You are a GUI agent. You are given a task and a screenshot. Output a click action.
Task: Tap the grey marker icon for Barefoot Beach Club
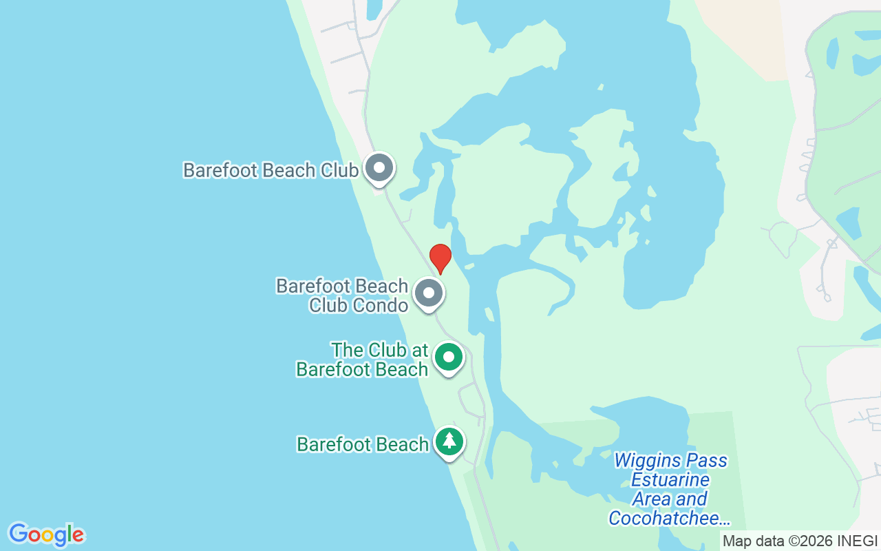click(x=379, y=168)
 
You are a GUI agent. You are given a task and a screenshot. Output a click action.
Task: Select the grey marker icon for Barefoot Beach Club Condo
click(x=429, y=293)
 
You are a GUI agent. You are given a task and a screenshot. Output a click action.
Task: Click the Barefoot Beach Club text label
click(x=270, y=170)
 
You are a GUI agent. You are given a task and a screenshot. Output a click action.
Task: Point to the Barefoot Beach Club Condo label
click(x=342, y=295)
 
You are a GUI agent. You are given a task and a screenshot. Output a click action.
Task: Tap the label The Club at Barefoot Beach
click(x=363, y=360)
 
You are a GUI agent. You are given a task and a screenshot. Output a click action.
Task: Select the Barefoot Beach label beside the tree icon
click(x=363, y=444)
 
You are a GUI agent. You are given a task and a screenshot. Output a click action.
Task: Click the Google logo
click(x=46, y=534)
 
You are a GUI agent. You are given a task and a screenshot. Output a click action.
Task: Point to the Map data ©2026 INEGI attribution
click(x=800, y=541)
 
